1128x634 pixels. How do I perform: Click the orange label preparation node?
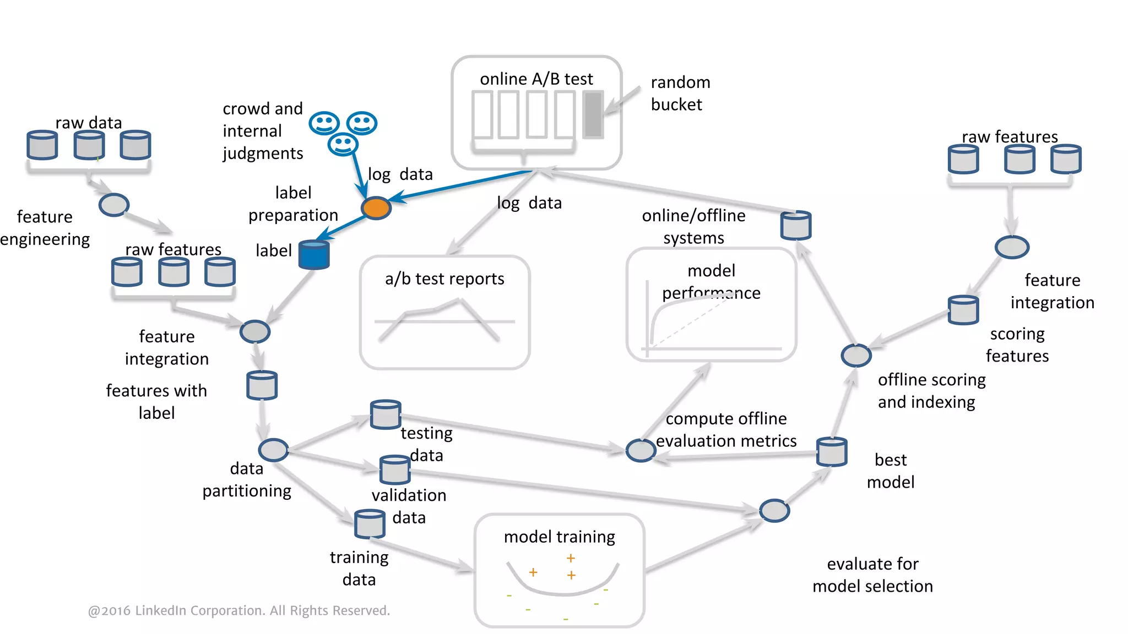point(376,208)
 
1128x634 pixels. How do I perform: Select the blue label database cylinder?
point(314,254)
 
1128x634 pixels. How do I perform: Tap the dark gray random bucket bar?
point(593,114)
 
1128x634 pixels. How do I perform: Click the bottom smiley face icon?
point(343,144)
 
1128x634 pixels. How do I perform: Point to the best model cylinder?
point(831,452)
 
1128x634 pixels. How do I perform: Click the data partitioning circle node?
point(274,450)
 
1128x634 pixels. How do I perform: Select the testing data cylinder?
point(386,414)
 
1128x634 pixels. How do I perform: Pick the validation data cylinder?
point(395,469)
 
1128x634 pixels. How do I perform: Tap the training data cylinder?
point(370,524)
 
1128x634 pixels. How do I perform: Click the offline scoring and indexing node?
point(856,356)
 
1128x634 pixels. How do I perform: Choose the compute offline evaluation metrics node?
point(641,451)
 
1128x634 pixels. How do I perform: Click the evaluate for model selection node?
point(774,511)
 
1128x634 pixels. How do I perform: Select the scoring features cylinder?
point(963,310)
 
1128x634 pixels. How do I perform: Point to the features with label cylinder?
point(262,385)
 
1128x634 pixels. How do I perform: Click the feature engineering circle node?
point(114,205)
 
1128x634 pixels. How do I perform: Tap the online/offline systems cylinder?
point(796,226)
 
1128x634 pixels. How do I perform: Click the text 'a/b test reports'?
point(444,279)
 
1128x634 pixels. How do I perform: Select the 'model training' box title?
point(559,537)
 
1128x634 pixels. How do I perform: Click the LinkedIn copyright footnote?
point(239,610)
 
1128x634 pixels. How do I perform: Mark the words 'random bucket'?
point(680,93)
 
